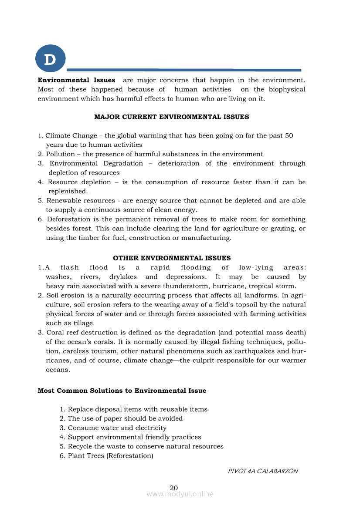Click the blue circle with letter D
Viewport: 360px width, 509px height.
point(50,59)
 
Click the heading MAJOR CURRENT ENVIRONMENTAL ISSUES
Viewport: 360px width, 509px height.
point(172,117)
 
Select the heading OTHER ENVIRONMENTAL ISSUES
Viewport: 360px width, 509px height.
point(172,258)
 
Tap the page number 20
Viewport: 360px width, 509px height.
point(174,487)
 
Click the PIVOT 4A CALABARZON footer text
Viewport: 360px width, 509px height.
point(263,471)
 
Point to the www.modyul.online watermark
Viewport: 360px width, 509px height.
point(180,494)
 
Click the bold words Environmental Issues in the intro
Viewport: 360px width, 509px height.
point(77,80)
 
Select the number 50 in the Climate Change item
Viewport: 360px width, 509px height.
point(289,135)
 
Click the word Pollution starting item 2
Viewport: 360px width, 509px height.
point(61,154)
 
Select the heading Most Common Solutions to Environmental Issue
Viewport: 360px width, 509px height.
point(122,391)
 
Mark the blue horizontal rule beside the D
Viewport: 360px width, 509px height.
point(184,70)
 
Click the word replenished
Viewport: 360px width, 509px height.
point(66,191)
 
